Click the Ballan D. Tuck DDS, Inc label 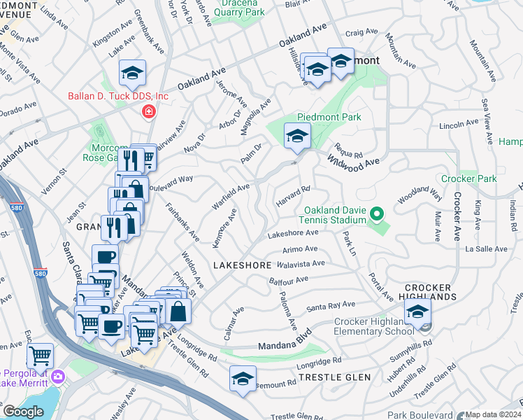click(118, 96)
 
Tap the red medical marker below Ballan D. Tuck click(148, 111)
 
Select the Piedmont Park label click(329, 117)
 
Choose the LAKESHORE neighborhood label click(241, 266)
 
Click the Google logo click(23, 412)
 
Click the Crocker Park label click(468, 178)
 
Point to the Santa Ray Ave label click(331, 305)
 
